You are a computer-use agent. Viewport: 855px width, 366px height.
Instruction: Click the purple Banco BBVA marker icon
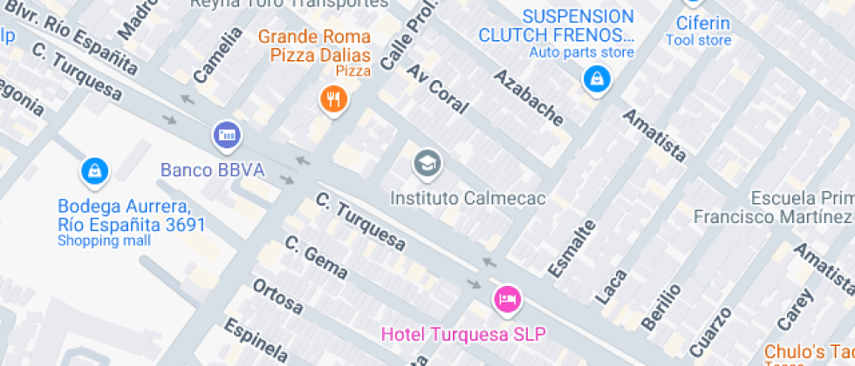pyautogui.click(x=227, y=135)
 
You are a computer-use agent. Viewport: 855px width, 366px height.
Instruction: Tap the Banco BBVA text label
pyautogui.click(x=212, y=169)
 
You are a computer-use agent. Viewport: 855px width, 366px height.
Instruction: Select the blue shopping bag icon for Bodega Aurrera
pyautogui.click(x=93, y=171)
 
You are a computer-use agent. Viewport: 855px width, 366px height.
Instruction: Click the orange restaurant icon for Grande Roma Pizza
pyautogui.click(x=333, y=98)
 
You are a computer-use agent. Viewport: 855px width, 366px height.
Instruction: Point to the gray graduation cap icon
pyautogui.click(x=427, y=162)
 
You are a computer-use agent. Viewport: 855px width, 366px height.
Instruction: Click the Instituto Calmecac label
pyautogui.click(x=468, y=198)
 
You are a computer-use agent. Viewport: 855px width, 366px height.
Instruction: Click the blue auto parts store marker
pyautogui.click(x=597, y=80)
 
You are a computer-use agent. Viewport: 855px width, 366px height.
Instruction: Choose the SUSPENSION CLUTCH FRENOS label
pyautogui.click(x=556, y=26)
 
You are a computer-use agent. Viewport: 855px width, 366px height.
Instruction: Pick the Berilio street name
pyautogui.click(x=660, y=306)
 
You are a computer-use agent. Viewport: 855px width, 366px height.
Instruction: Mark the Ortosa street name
pyautogui.click(x=277, y=296)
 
